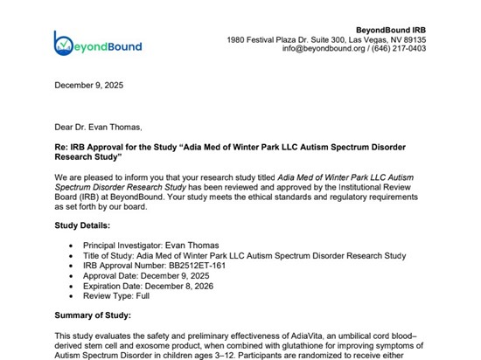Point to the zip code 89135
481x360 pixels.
tap(437, 39)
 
